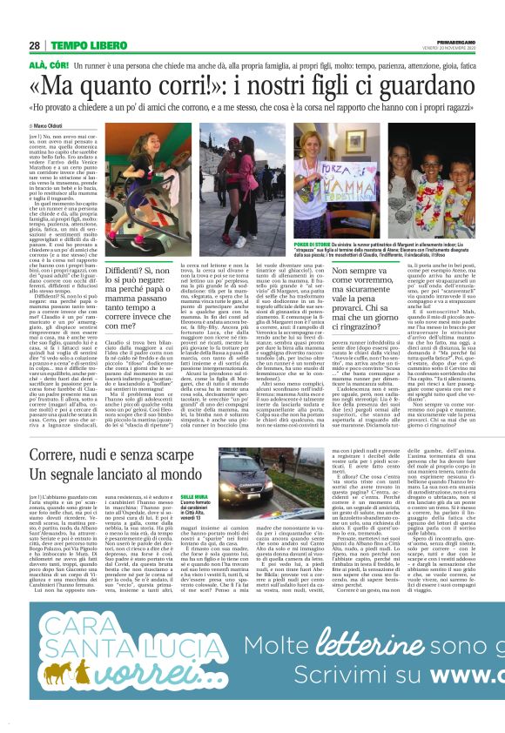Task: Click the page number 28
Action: [34, 45]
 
